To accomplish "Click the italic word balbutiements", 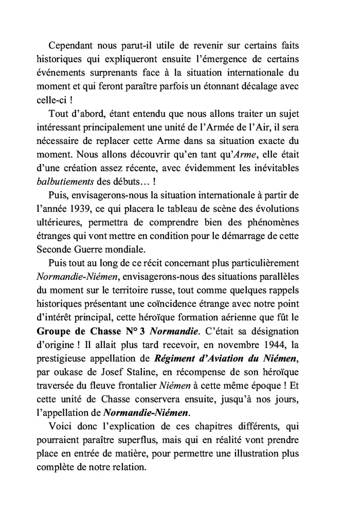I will coord(63,182).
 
